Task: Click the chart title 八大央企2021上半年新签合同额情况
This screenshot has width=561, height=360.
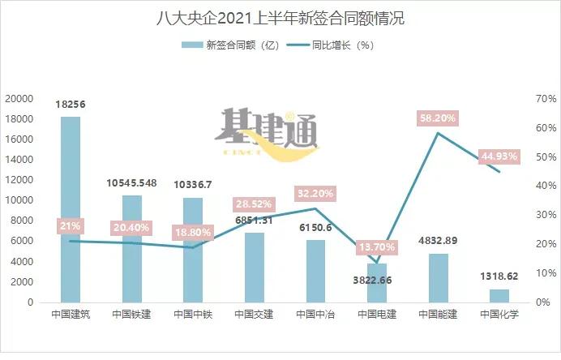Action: (x=280, y=18)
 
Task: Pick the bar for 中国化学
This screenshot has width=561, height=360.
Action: (x=499, y=295)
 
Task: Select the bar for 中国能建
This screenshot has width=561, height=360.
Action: (x=438, y=277)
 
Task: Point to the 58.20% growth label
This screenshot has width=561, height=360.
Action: (x=438, y=118)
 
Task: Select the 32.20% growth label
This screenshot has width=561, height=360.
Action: (x=315, y=195)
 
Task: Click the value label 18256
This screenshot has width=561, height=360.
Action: (x=71, y=105)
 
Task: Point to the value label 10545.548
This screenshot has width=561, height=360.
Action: (x=132, y=183)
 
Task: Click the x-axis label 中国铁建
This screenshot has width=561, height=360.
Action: (x=132, y=315)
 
